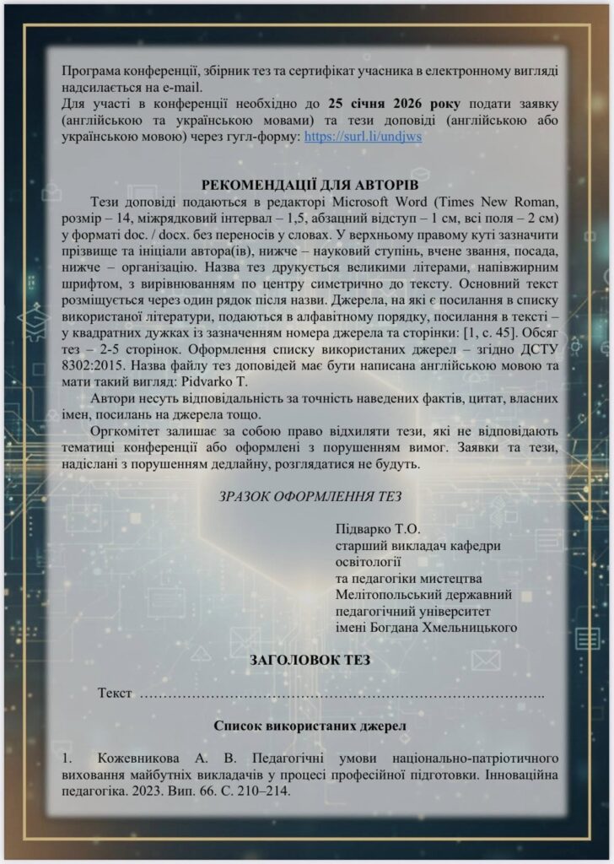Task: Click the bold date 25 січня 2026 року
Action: (x=395, y=104)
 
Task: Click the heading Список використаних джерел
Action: (x=310, y=725)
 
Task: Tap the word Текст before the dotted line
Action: (x=115, y=694)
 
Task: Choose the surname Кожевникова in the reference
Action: (x=138, y=758)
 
